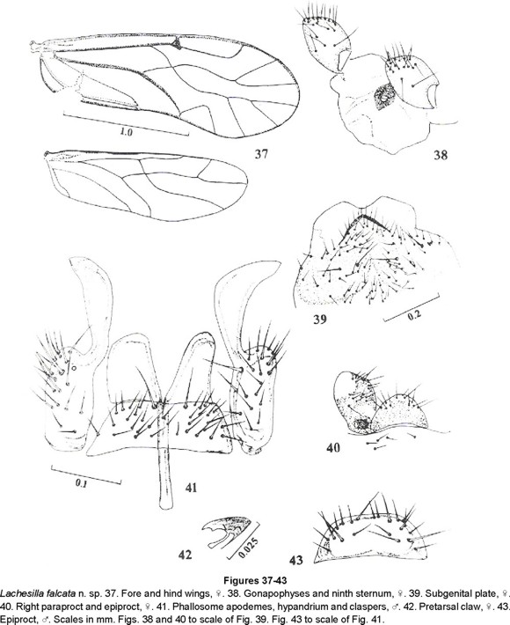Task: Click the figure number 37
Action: pyautogui.click(x=261, y=154)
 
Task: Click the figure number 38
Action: pyautogui.click(x=441, y=155)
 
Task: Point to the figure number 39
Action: pyautogui.click(x=320, y=319)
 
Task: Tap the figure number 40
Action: pyautogui.click(x=333, y=448)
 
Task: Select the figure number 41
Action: pyautogui.click(x=191, y=487)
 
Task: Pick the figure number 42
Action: pyautogui.click(x=185, y=555)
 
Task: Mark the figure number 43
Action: pyautogui.click(x=295, y=561)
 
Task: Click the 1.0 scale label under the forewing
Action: pyautogui.click(x=126, y=133)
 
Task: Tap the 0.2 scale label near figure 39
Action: pyautogui.click(x=414, y=315)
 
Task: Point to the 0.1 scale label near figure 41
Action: pyautogui.click(x=81, y=485)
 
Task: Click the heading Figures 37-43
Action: pyautogui.click(x=255, y=579)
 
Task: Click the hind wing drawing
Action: pyautogui.click(x=147, y=186)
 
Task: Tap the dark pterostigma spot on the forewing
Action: pyautogui.click(x=177, y=44)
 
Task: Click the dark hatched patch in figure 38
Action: pyautogui.click(x=384, y=97)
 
